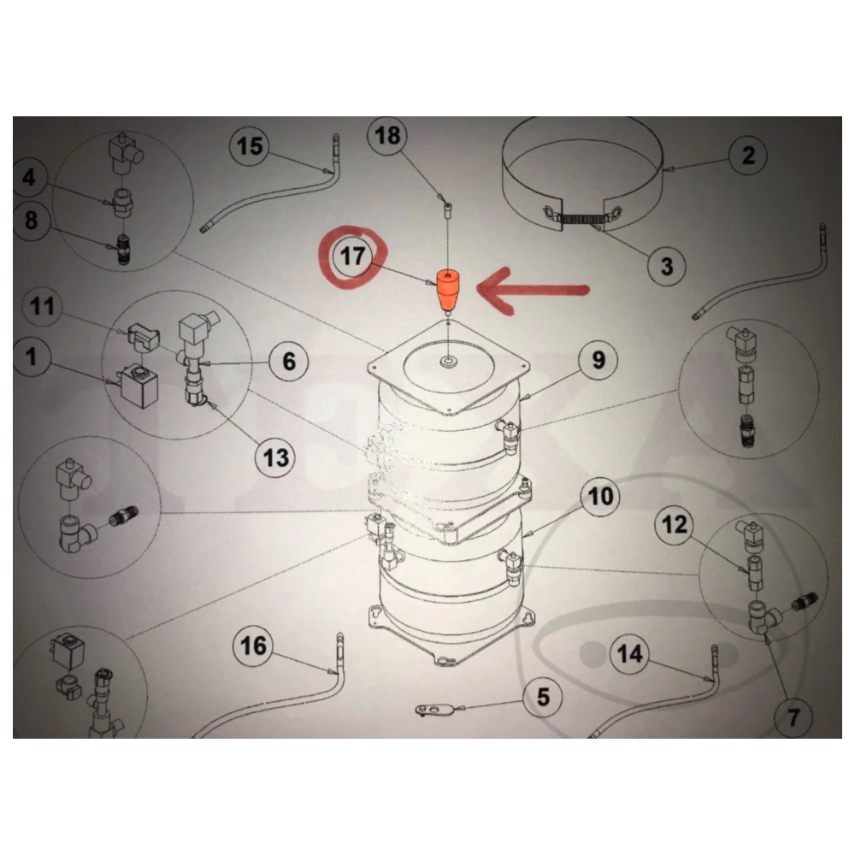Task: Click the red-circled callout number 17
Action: pyautogui.click(x=353, y=256)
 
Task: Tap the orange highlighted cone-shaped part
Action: pyautogui.click(x=448, y=291)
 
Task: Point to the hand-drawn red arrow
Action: pyautogui.click(x=533, y=291)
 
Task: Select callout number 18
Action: pyautogui.click(x=387, y=135)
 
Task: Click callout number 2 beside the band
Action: pyautogui.click(x=749, y=156)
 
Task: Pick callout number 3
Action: pyautogui.click(x=667, y=267)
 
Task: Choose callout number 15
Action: pyautogui.click(x=250, y=146)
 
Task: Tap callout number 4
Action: pyautogui.click(x=28, y=177)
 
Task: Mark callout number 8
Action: pyautogui.click(x=31, y=221)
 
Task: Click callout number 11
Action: pyautogui.click(x=43, y=306)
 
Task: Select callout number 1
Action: pyautogui.click(x=32, y=357)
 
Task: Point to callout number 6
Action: pyautogui.click(x=289, y=362)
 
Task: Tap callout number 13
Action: pyautogui.click(x=276, y=458)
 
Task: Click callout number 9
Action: pyautogui.click(x=598, y=360)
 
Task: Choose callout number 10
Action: pyautogui.click(x=601, y=497)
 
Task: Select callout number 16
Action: pyautogui.click(x=254, y=646)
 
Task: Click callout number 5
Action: pyautogui.click(x=543, y=698)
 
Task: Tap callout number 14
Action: pyautogui.click(x=630, y=653)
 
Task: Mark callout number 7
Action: pyautogui.click(x=793, y=717)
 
